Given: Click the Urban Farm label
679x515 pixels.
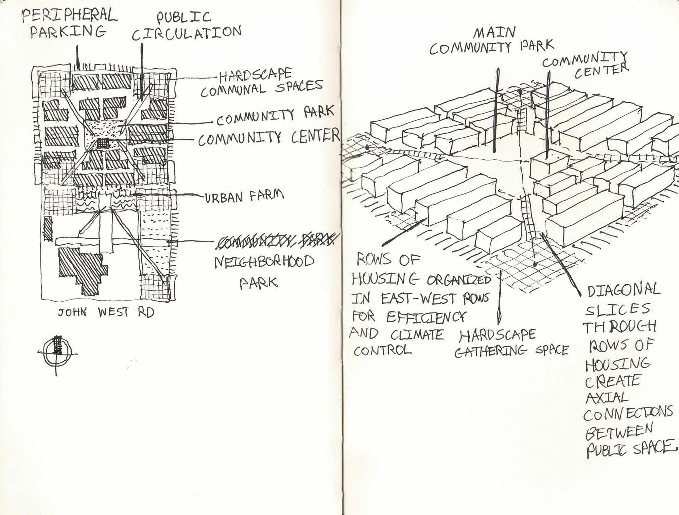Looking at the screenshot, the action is click(x=244, y=196).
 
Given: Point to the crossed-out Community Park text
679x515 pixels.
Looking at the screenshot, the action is click(x=277, y=240).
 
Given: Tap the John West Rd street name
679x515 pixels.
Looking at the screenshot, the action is click(x=106, y=312).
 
